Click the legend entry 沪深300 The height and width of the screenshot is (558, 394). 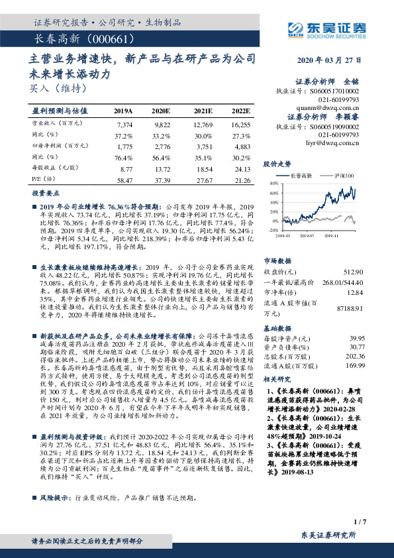[x=345, y=176]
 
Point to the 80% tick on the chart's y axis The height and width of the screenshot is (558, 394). [x=273, y=182]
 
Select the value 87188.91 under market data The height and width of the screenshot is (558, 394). [x=351, y=309]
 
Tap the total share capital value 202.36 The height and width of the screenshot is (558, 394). [x=355, y=355]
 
